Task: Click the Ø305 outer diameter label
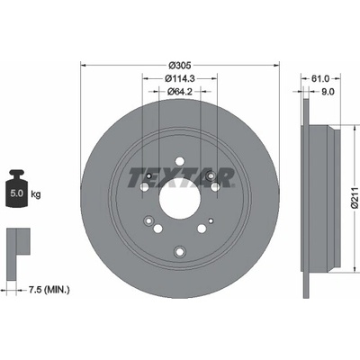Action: (180, 65)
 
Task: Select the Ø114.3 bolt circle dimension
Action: (180, 78)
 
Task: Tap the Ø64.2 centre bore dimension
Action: (180, 91)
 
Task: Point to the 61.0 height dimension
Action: (320, 78)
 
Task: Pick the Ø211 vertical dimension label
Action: (355, 197)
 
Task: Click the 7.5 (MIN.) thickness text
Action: (49, 290)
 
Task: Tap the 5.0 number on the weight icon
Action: (16, 193)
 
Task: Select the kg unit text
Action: (36, 194)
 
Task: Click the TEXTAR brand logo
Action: (181, 177)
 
